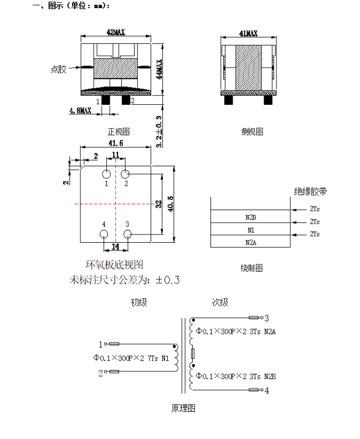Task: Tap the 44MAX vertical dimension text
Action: tap(160, 70)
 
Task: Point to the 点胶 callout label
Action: tap(58, 69)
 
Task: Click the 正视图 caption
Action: tap(119, 132)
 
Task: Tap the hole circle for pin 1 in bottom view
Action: tap(106, 173)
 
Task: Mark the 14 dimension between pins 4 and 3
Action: tap(116, 246)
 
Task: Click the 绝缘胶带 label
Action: tap(310, 192)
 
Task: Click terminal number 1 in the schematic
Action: tap(100, 344)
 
